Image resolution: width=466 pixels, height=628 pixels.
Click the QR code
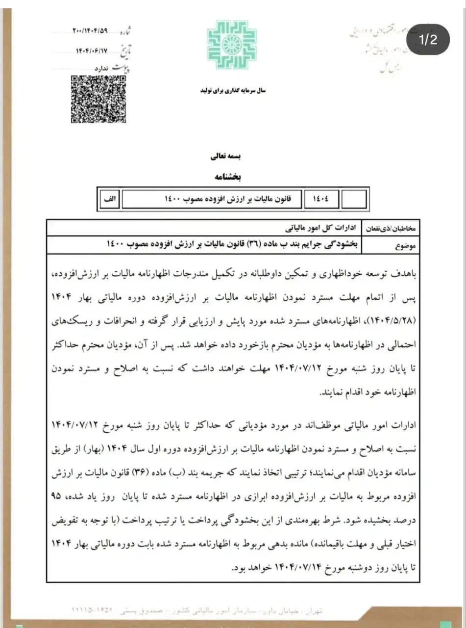[x=98, y=99]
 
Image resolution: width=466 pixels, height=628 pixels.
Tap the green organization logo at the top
[x=232, y=45]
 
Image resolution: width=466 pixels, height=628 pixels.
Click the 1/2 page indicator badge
[x=428, y=40]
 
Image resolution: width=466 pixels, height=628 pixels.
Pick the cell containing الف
[x=109, y=199]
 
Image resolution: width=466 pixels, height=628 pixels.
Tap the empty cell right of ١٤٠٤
[x=353, y=199]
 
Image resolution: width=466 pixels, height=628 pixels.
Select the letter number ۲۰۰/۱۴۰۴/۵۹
[x=90, y=32]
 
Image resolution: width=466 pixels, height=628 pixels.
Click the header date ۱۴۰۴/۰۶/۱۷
[x=91, y=50]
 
